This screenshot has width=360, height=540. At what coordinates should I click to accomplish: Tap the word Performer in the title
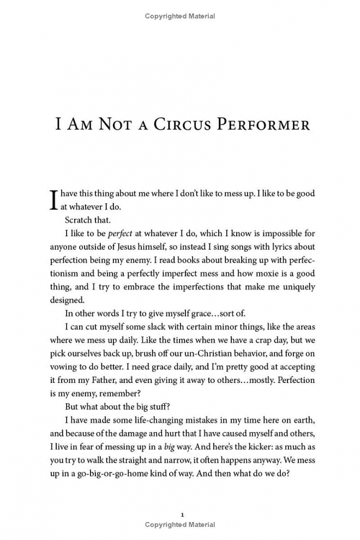[x=266, y=124]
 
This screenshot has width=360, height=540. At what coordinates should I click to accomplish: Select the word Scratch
[x=79, y=220]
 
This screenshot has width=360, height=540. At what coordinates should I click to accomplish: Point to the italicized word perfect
[x=120, y=233]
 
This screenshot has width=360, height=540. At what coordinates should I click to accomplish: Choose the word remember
[x=119, y=393]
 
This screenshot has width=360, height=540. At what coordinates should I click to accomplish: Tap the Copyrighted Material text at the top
[x=180, y=16]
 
